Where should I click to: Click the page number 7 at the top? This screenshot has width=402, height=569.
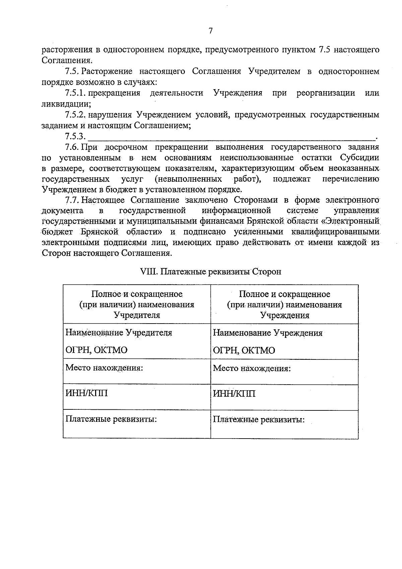210,31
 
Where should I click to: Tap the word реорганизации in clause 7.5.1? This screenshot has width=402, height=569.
326,93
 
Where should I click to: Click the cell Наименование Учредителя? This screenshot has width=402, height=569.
119,333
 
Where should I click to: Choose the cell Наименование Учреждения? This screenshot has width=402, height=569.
268,333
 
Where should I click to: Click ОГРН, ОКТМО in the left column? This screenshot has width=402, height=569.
96,350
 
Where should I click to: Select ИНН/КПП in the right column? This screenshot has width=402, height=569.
234,393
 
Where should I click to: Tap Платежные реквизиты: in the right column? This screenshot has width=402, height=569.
259,419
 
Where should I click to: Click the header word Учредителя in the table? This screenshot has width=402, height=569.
137,315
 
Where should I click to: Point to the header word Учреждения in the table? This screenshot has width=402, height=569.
285,316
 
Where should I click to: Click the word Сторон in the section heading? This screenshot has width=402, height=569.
267,272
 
